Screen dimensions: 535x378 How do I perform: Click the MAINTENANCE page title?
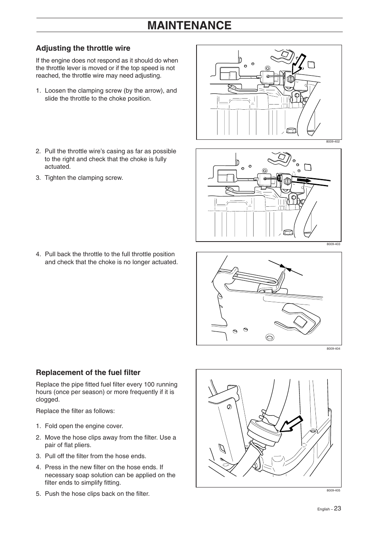click(x=189, y=25)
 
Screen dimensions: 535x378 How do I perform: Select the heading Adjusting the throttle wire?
click(x=83, y=48)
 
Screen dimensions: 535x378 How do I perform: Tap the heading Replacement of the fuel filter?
click(x=88, y=373)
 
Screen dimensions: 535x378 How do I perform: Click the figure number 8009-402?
click(x=333, y=142)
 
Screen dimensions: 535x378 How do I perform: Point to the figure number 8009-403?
click(x=333, y=244)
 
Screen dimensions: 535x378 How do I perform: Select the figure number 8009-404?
click(x=333, y=349)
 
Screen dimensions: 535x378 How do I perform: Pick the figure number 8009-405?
click(x=333, y=491)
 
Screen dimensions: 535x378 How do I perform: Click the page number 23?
click(x=337, y=508)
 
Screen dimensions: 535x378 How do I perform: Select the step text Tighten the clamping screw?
click(x=84, y=178)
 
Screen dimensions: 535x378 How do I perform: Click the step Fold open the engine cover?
click(x=84, y=426)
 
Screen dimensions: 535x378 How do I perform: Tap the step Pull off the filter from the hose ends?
click(x=95, y=456)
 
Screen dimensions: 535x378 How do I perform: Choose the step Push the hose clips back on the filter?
click(x=97, y=494)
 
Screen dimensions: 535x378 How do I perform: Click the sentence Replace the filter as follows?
click(x=75, y=411)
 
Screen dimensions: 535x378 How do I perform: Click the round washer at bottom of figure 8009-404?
click(x=269, y=337)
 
